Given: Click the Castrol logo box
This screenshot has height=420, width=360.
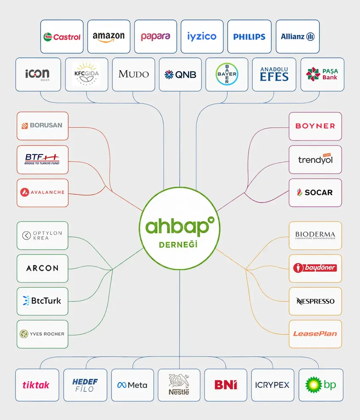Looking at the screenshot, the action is coord(62,36).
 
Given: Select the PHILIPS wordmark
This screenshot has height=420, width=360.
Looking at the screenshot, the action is coord(249,37).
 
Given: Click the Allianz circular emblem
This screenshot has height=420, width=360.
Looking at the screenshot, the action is coord(310,36).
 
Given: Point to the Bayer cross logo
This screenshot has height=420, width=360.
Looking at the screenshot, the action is coord(226,74).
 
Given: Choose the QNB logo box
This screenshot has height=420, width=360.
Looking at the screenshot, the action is coord(180,74).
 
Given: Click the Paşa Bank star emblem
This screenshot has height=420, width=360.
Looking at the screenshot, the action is coord(313,74).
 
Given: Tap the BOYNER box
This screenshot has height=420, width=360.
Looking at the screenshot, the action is coord(315,126).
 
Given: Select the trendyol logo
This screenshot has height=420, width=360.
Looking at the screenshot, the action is coord(315,159).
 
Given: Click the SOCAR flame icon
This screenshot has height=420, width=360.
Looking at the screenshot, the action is coord(300,192).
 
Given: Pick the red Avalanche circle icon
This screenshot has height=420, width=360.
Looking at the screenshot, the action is coord(25,192).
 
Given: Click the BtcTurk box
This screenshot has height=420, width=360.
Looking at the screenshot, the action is coord(42,301).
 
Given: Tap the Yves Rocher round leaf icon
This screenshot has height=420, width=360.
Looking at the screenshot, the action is coord(24,334).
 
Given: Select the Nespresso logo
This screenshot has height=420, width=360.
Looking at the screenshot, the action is coord(315,301).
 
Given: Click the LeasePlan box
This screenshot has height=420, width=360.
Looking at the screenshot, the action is coord(315,334).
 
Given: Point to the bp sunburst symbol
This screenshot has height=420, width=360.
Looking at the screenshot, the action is coord(314,385).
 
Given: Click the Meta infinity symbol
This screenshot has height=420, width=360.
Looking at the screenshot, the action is coord(122,385).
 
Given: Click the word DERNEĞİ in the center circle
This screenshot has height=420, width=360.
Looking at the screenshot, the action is coord(178,245).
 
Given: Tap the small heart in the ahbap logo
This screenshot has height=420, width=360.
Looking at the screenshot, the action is coord(211,220).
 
